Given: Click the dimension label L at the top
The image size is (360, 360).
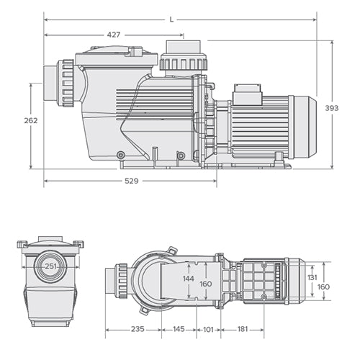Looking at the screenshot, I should [171, 19].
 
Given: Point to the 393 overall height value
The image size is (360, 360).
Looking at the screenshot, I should [331, 107].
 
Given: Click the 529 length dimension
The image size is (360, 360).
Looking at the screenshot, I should [130, 181].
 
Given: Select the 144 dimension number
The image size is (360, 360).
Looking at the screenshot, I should [187, 278].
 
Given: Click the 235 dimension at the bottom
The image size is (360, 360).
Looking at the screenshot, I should [138, 329].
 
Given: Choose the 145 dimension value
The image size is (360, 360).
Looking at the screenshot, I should [179, 329].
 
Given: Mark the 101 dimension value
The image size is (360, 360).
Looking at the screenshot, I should [209, 329].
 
